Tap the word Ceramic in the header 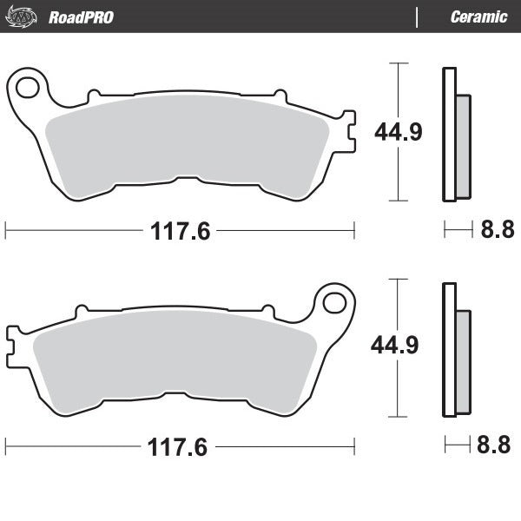point(478,16)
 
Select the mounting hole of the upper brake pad point(29,88)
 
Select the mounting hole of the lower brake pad point(334,303)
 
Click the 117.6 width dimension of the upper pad point(180,231)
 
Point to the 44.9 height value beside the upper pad point(398,132)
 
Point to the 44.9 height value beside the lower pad point(395,346)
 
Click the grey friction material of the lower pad point(174,356)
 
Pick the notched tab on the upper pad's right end point(347,130)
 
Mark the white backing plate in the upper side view point(448,135)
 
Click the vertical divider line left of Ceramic point(418,16)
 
